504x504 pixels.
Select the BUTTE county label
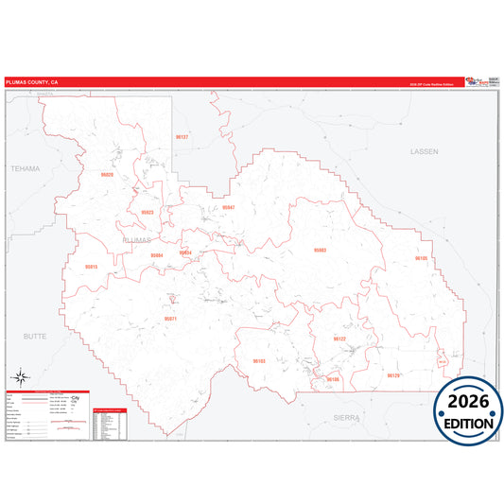tap(33, 336)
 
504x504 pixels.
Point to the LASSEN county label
tap(425, 151)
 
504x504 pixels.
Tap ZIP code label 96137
tap(182, 137)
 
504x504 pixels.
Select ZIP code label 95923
tap(147, 213)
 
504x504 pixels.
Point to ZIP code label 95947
tap(228, 207)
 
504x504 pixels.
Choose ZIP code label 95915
tap(91, 267)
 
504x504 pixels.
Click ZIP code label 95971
tap(170, 320)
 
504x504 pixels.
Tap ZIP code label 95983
tap(320, 250)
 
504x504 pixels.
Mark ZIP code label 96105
tap(422, 258)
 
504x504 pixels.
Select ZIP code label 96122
tap(339, 339)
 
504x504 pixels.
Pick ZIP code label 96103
tap(259, 361)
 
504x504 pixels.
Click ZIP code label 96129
tap(394, 375)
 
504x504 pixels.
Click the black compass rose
tap(20, 377)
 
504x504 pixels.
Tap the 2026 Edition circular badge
tap(468, 414)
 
